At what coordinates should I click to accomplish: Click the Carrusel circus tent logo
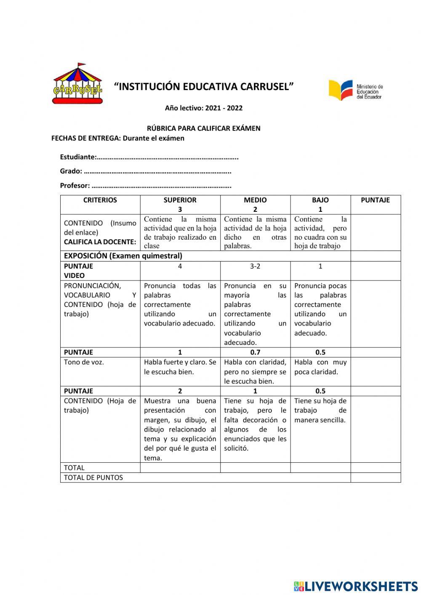[x=77, y=85]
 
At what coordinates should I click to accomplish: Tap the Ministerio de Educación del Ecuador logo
[x=356, y=90]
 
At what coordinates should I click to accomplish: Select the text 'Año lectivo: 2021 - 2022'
[x=204, y=108]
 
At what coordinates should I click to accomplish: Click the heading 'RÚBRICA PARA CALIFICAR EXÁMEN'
[x=204, y=128]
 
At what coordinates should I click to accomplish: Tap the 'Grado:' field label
[x=71, y=171]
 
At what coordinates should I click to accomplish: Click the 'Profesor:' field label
[x=75, y=185]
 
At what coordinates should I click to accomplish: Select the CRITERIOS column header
[x=100, y=200]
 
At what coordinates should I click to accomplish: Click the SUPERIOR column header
[x=180, y=200]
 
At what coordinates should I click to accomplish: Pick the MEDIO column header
[x=255, y=200]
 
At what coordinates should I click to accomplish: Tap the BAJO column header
[x=320, y=200]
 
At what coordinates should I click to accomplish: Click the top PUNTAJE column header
[x=375, y=200]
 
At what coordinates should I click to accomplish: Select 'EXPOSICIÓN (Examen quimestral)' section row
[x=123, y=256]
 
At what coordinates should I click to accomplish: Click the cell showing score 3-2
[x=255, y=266]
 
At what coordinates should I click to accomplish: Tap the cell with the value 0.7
[x=255, y=352]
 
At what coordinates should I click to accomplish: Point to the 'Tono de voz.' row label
[x=84, y=362]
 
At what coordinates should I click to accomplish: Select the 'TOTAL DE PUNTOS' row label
[x=93, y=478]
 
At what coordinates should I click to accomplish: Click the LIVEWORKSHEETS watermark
[x=356, y=586]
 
